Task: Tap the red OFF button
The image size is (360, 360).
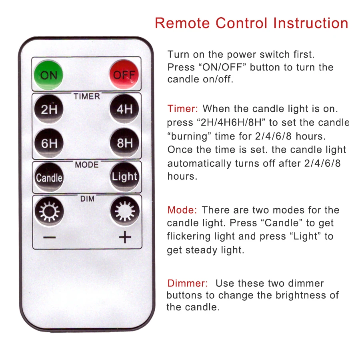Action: click(124, 74)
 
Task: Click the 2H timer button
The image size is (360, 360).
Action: click(49, 109)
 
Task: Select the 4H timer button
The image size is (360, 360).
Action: click(124, 108)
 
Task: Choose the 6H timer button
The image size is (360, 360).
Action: click(49, 143)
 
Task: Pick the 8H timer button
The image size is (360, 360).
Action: click(125, 142)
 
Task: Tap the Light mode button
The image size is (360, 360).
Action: click(125, 176)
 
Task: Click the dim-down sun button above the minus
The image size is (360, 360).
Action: click(49, 211)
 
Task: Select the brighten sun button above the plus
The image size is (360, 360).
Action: click(125, 210)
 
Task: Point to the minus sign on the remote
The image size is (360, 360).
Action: click(49, 237)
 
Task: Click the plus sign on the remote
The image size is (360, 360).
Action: click(125, 237)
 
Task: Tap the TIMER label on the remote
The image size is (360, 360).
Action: click(87, 96)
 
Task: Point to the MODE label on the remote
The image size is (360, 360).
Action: click(87, 165)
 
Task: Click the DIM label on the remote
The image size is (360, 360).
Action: click(87, 198)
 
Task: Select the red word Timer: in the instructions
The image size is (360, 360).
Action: click(182, 108)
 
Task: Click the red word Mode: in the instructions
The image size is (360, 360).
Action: click(182, 210)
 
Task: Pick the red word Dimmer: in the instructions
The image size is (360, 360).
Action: click(188, 283)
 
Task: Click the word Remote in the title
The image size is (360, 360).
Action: click(182, 23)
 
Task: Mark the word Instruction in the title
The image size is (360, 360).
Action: click(311, 23)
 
